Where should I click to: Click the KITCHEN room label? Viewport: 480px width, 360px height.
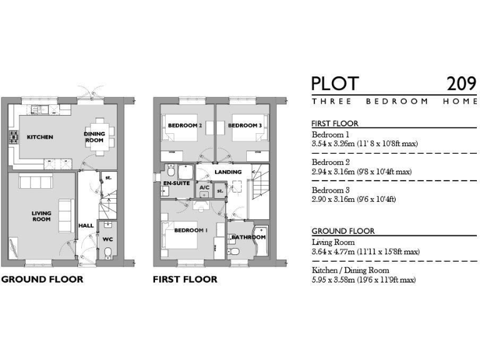coord(39,137)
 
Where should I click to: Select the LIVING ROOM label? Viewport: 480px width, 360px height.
coord(41,216)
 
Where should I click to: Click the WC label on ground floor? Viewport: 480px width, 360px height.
coord(107,238)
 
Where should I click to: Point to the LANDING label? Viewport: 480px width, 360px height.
coord(227,172)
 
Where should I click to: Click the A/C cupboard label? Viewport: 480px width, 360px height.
coord(204,187)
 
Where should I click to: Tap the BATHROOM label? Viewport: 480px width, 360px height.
coord(248,237)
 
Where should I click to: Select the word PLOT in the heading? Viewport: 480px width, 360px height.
coord(335,83)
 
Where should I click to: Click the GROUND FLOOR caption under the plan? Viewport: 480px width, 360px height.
coord(42,279)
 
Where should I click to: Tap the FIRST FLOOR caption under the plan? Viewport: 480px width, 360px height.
coord(185,279)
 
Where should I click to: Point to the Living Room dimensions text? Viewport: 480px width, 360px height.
coord(365,252)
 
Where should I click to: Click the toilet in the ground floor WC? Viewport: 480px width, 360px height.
coord(107,252)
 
